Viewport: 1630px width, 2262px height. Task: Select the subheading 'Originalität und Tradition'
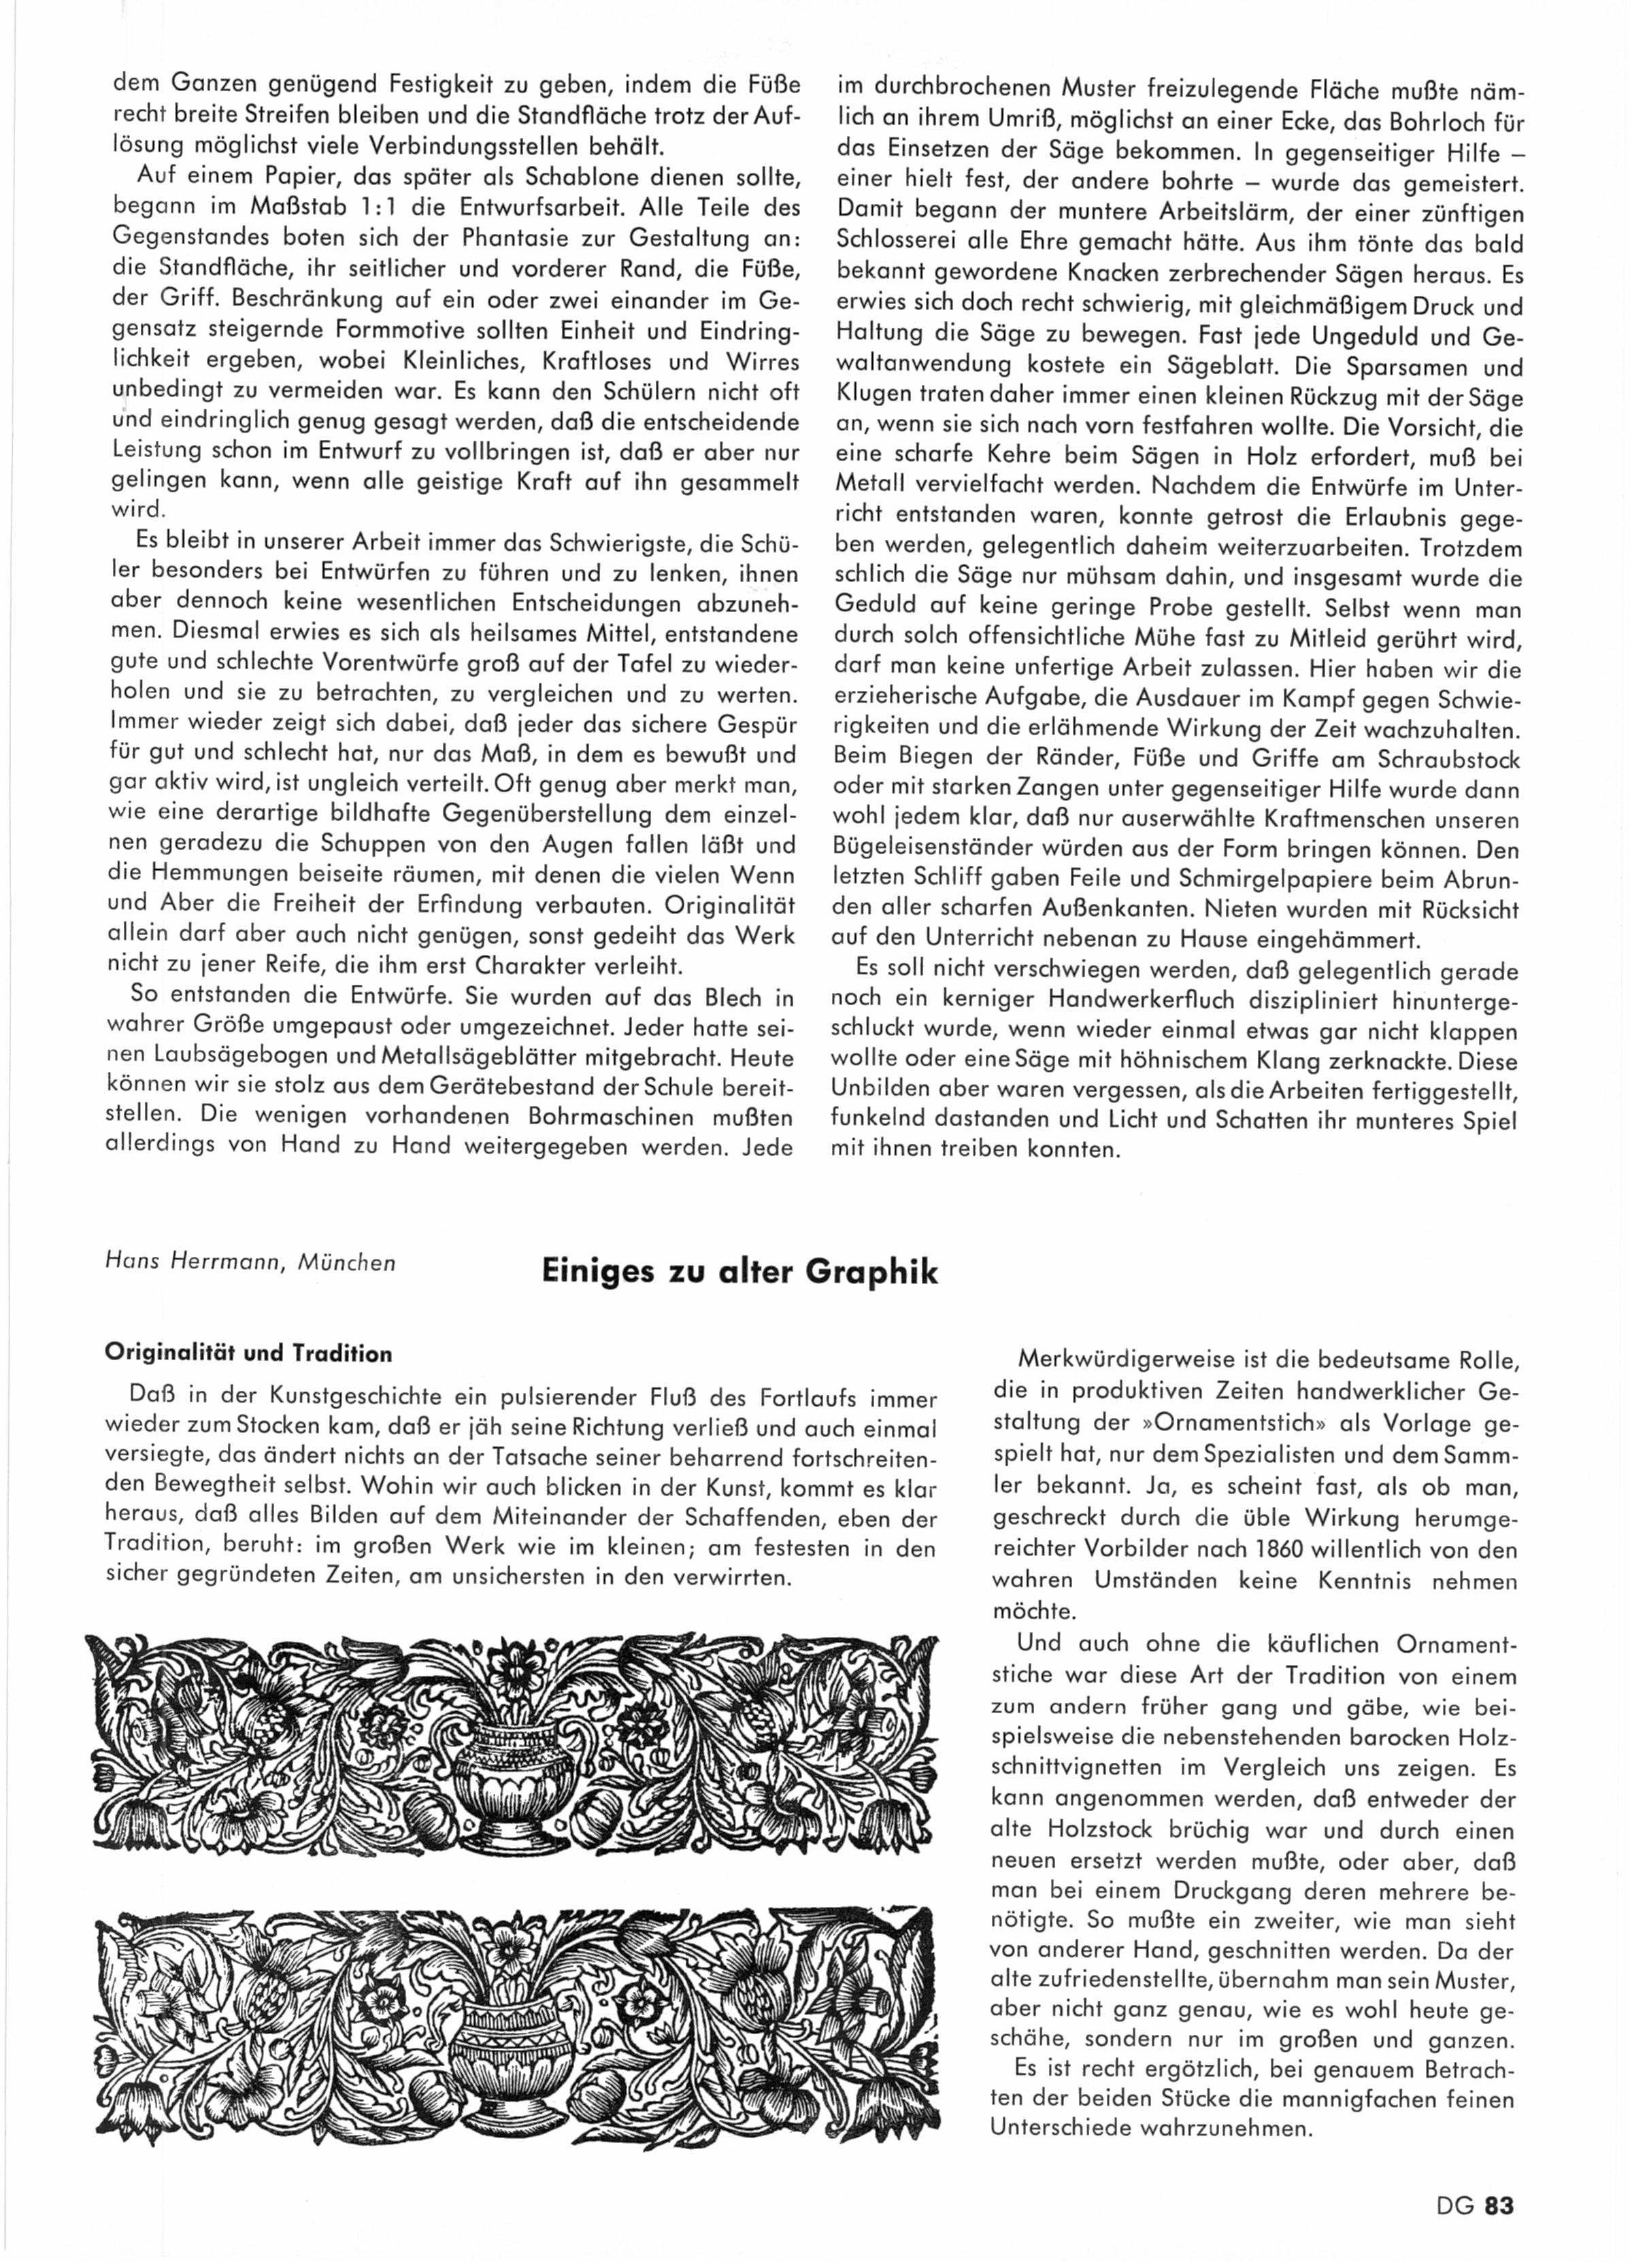coord(248,1354)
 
